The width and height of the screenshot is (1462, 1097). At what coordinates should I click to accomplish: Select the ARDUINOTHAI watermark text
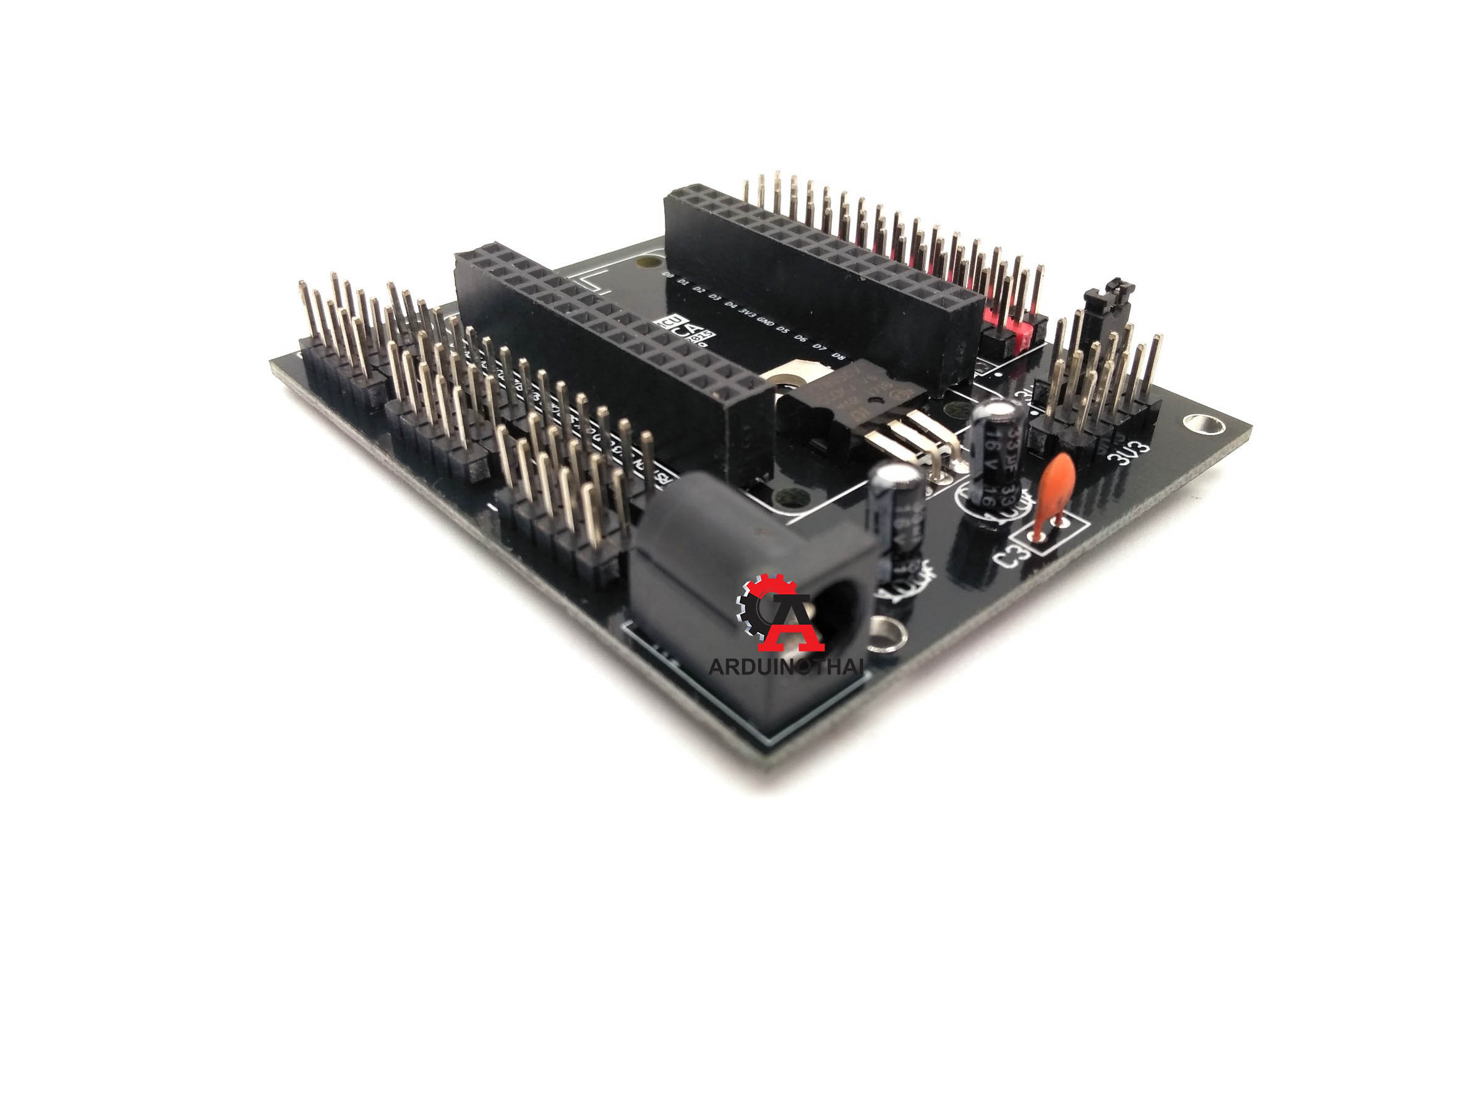point(786,667)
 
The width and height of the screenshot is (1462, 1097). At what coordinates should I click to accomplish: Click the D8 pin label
point(839,356)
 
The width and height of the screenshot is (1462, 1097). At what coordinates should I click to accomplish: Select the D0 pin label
point(668,275)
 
